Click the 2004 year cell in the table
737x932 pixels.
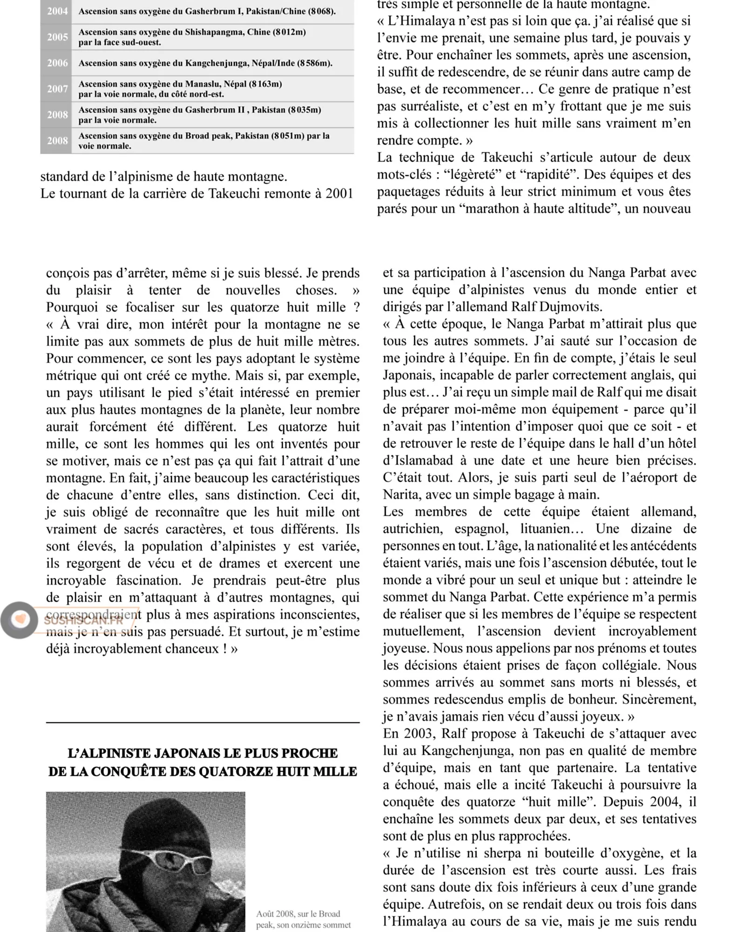coord(57,11)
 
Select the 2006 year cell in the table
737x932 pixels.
coord(57,63)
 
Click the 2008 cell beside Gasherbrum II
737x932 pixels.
coord(57,115)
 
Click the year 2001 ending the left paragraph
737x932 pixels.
coord(339,193)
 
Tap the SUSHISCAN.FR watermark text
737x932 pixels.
coord(84,621)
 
